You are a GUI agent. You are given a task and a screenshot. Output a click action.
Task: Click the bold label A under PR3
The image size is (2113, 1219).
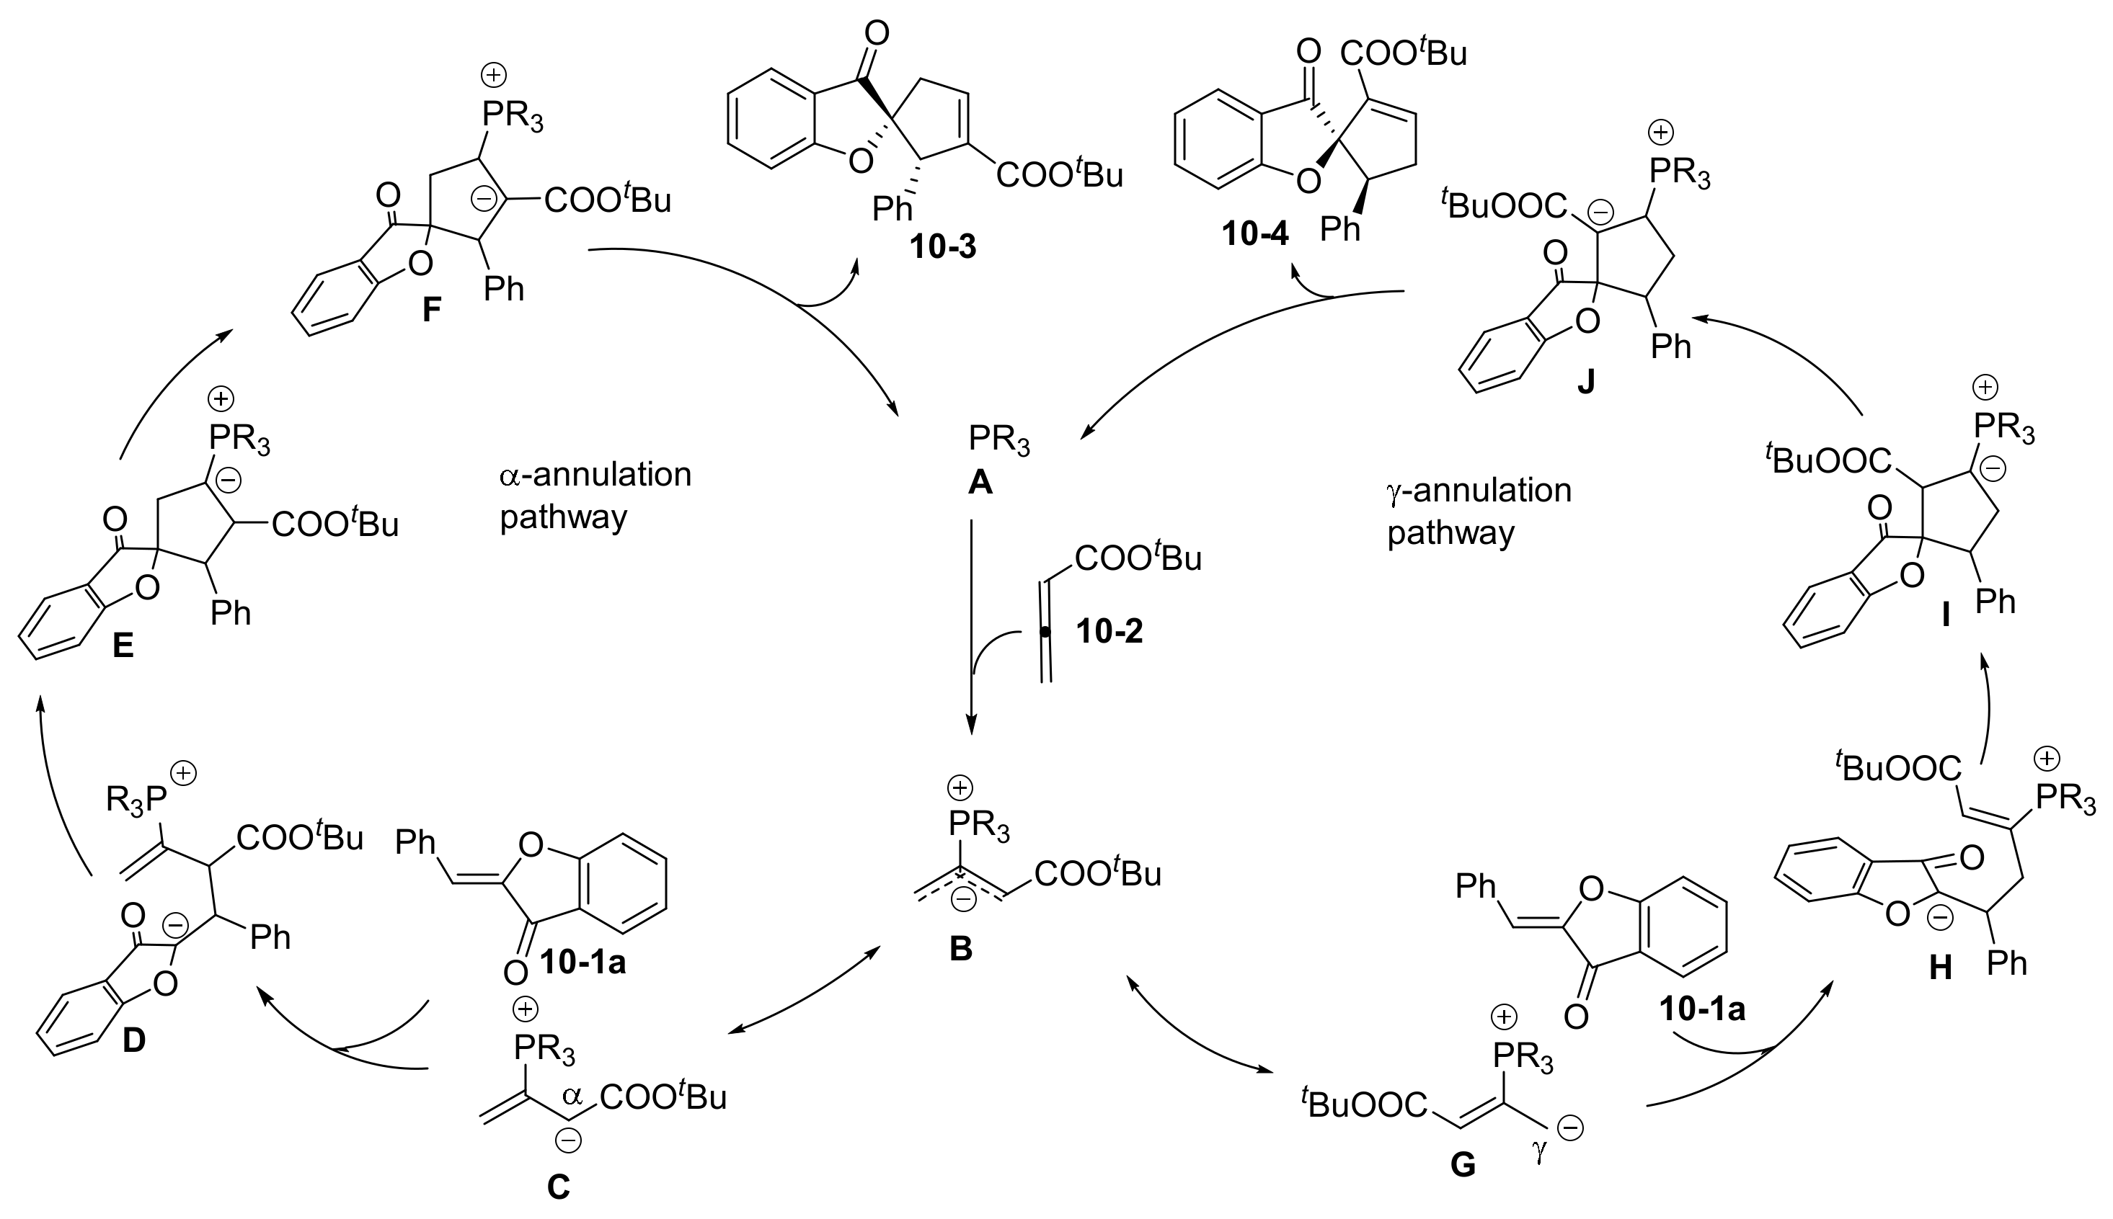pos(979,481)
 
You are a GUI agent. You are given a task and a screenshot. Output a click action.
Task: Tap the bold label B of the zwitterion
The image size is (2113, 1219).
pos(960,950)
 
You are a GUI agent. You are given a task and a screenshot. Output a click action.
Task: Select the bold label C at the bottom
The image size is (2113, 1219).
pos(558,1187)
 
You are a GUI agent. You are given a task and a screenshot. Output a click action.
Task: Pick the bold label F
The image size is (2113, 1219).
pos(430,311)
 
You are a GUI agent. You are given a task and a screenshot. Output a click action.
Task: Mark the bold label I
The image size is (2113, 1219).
pos(1944,617)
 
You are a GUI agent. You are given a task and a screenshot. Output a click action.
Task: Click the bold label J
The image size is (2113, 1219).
pos(1585,382)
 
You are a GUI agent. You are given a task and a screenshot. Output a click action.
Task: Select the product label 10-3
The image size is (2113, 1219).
pos(943,247)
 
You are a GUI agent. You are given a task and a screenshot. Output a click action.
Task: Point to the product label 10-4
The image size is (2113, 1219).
pos(1254,234)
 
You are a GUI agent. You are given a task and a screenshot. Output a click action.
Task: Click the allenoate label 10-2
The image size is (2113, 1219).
pos(1109,631)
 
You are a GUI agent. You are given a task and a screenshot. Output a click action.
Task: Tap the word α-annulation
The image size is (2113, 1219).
pos(595,475)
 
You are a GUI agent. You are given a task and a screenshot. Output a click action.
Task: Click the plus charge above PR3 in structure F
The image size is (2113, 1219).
pos(493,76)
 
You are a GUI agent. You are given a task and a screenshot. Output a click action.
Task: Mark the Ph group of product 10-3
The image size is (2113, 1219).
pos(892,208)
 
